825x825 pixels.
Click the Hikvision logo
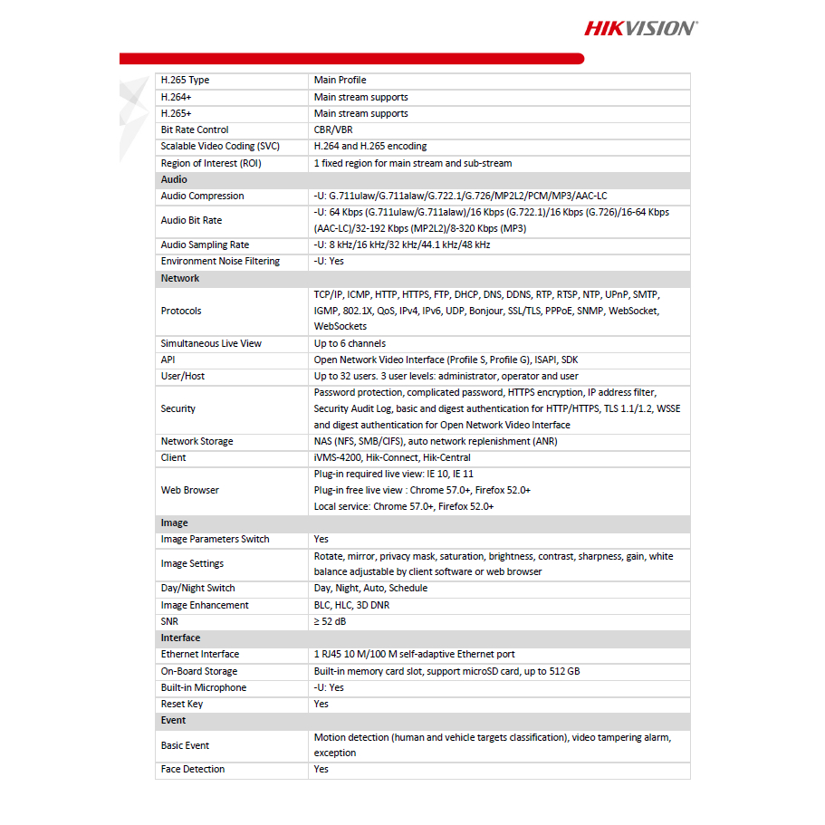pyautogui.click(x=640, y=28)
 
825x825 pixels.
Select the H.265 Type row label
pyautogui.click(x=185, y=81)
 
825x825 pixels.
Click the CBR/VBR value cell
pyautogui.click(x=333, y=130)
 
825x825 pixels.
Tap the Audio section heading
pyautogui.click(x=174, y=179)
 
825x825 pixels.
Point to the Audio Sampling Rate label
pyautogui.click(x=205, y=245)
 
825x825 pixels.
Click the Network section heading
pyautogui.click(x=180, y=278)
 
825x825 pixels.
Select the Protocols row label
pyautogui.click(x=181, y=311)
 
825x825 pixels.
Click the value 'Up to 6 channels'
pyautogui.click(x=350, y=344)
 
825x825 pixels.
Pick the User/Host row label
pyautogui.click(x=184, y=377)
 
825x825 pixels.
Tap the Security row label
pyautogui.click(x=178, y=409)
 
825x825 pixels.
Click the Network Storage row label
pyautogui.click(x=197, y=442)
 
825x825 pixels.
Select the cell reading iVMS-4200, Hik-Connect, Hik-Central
pyautogui.click(x=392, y=458)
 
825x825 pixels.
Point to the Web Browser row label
pyautogui.click(x=190, y=491)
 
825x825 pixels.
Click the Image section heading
pyautogui.click(x=175, y=523)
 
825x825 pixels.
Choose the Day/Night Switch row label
pyautogui.click(x=197, y=589)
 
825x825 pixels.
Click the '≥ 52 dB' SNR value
pyautogui.click(x=331, y=622)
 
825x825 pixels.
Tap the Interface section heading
pyautogui.click(x=180, y=638)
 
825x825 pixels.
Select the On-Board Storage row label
pyautogui.click(x=199, y=672)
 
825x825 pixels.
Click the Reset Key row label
pyautogui.click(x=182, y=705)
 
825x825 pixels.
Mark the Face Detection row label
pyautogui.click(x=193, y=770)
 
